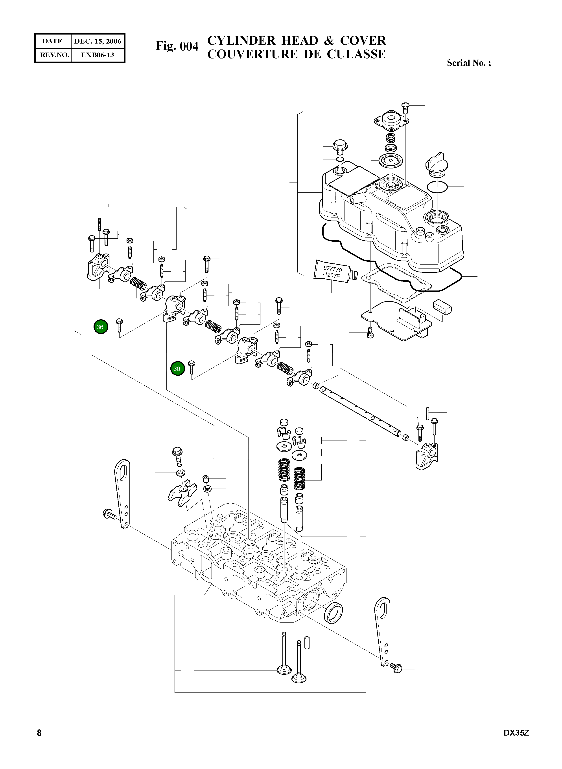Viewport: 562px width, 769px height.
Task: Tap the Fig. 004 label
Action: [177, 46]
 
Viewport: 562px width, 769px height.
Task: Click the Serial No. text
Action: [468, 63]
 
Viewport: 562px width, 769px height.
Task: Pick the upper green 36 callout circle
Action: [101, 327]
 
